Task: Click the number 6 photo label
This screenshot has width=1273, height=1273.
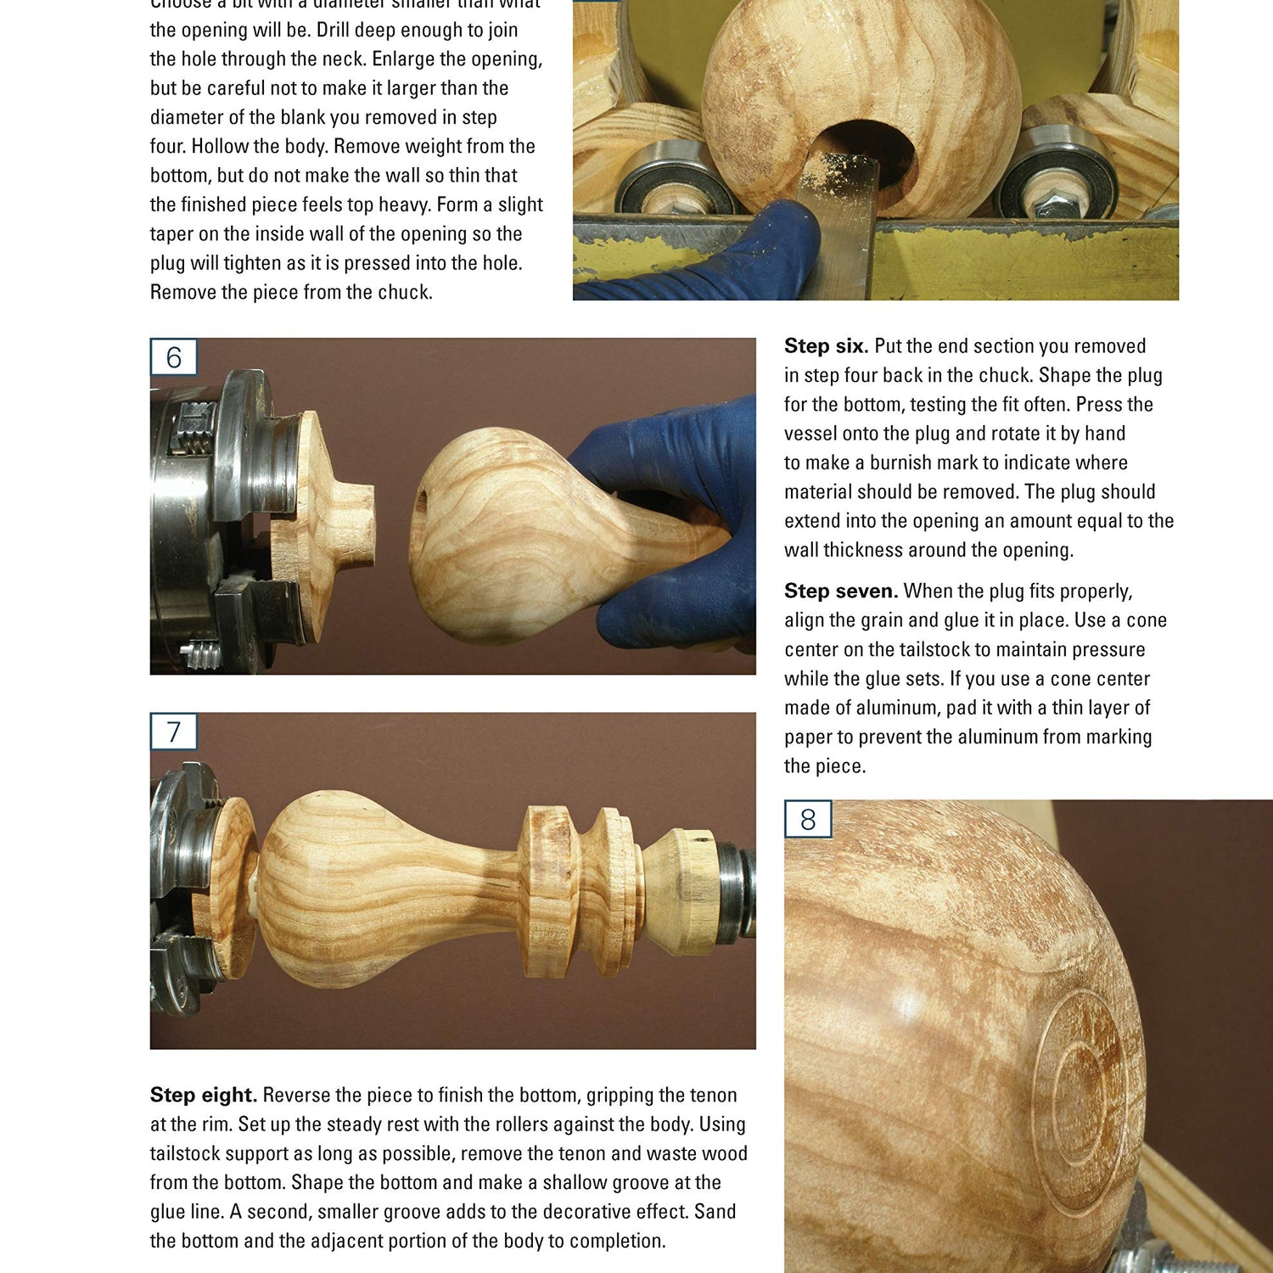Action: coord(173,357)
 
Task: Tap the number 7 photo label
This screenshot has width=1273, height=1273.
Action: coord(173,732)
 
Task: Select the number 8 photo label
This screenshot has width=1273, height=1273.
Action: coord(807,820)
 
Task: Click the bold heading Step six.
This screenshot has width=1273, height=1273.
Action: coord(825,346)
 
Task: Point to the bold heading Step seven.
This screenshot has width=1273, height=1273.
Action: coord(840,592)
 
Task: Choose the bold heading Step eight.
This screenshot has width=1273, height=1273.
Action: coord(203,1096)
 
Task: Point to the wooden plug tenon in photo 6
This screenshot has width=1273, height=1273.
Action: coord(353,524)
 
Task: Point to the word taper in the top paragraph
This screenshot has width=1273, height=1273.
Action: coord(171,234)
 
